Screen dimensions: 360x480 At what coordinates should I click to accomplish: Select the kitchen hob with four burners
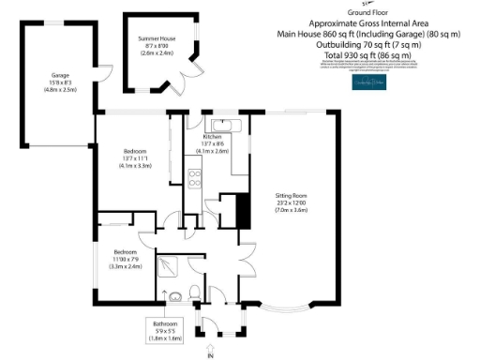click(195, 177)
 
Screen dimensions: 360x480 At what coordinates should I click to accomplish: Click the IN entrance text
click(210, 356)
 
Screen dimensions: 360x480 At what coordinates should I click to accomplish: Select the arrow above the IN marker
click(210, 346)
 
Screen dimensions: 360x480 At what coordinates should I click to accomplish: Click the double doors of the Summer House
click(191, 75)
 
